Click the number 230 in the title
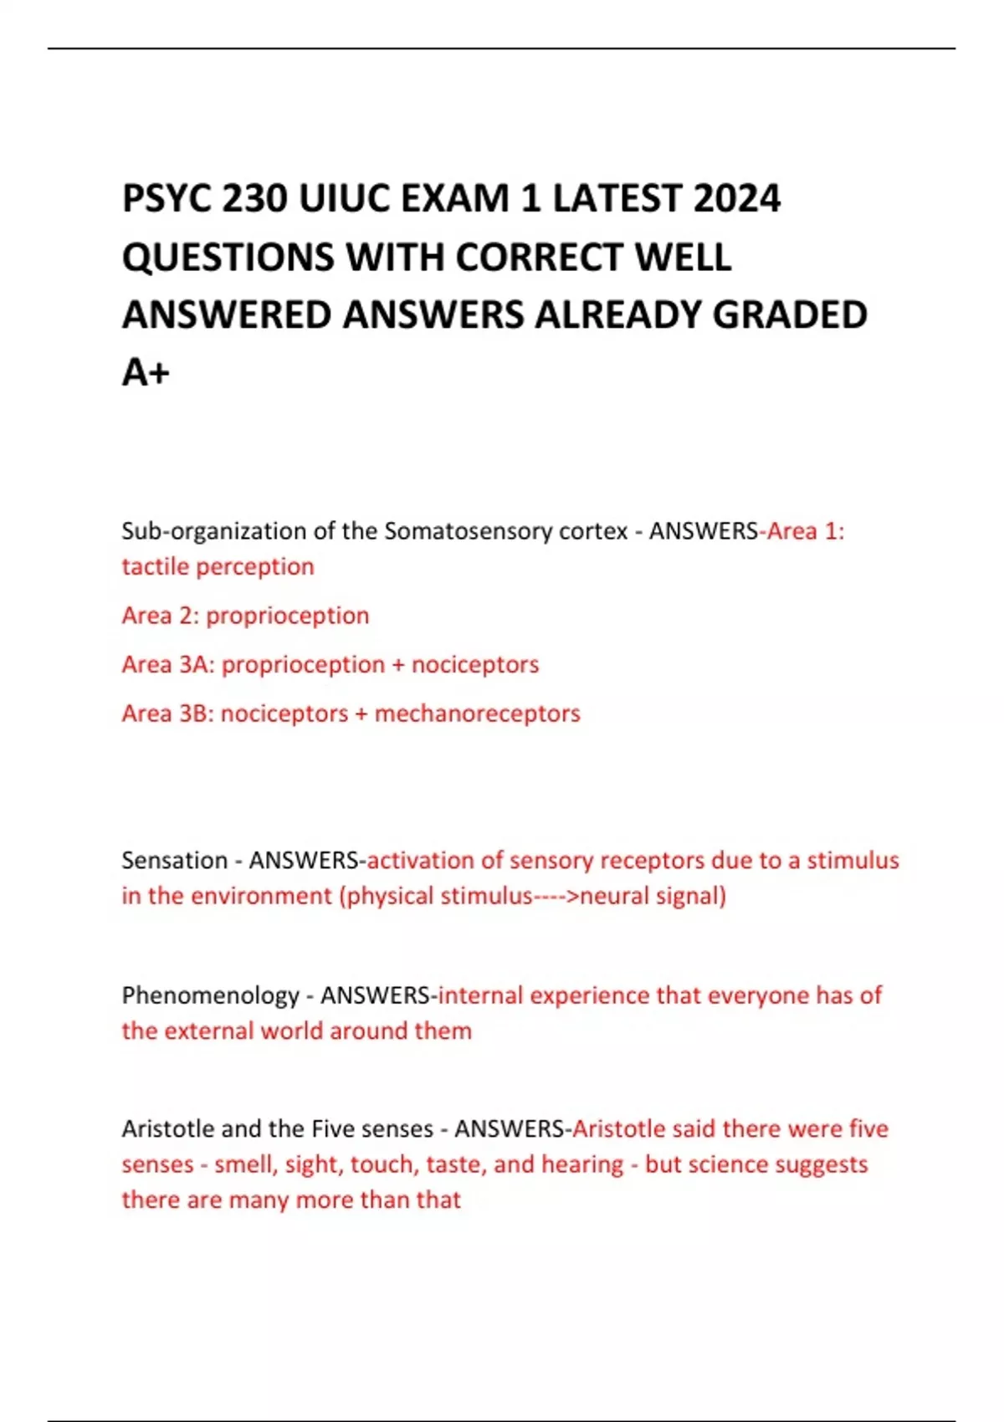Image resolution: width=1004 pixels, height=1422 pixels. (x=255, y=199)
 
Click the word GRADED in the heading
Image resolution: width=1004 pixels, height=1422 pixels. (x=789, y=315)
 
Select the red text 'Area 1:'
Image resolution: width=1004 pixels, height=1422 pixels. (x=806, y=531)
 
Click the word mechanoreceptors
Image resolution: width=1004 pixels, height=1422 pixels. (x=477, y=714)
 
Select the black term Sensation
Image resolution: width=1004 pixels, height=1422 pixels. (x=174, y=861)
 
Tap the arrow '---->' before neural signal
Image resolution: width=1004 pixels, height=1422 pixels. (x=556, y=897)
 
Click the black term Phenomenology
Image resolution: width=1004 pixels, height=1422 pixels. (x=210, y=995)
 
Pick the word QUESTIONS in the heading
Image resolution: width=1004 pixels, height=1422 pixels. (x=228, y=258)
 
